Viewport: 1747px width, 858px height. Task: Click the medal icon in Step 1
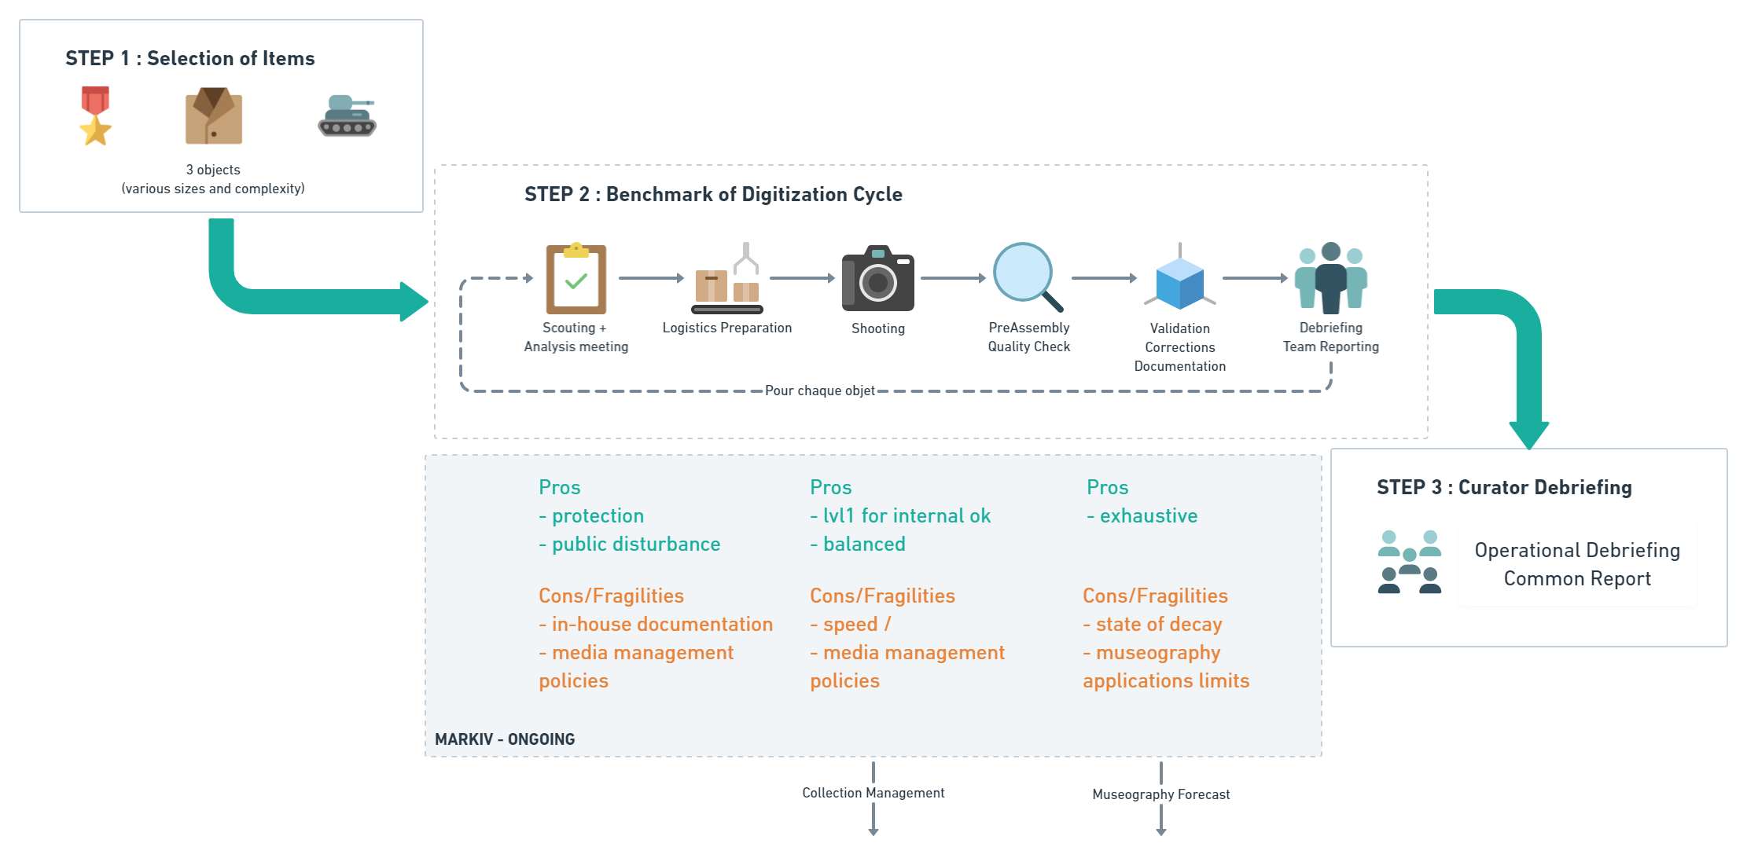click(95, 116)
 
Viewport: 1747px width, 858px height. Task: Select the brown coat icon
click(213, 116)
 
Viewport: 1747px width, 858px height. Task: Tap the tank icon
click(347, 116)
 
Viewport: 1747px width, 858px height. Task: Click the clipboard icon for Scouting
click(576, 279)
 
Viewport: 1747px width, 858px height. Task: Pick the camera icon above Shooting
click(877, 279)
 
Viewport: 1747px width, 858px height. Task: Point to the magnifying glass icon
click(1027, 277)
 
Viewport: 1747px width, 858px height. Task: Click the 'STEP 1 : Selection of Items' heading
click(189, 59)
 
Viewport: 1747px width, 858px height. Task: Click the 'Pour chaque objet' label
click(819, 390)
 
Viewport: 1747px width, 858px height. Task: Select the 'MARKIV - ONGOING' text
click(505, 739)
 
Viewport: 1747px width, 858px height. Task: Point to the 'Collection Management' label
click(873, 793)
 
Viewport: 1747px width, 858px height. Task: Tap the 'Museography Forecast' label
click(1160, 794)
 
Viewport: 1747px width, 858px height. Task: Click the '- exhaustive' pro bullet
click(1142, 516)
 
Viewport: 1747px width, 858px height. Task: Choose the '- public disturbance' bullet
click(629, 544)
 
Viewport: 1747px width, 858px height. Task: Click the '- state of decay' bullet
click(1152, 625)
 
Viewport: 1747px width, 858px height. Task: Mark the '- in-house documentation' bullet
click(656, 625)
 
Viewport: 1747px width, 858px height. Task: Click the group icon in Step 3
click(1409, 562)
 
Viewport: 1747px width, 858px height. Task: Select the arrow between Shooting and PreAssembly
click(953, 278)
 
